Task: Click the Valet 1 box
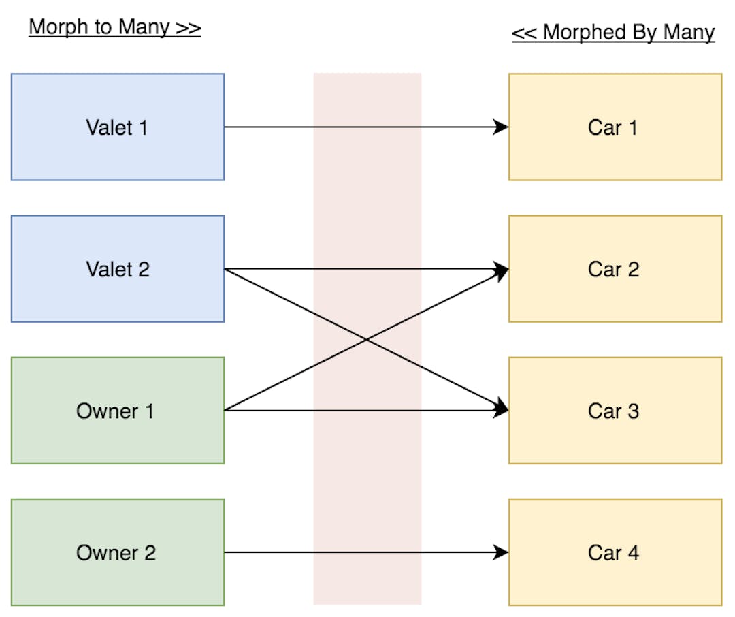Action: tap(117, 127)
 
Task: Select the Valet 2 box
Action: tap(117, 269)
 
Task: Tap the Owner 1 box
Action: tap(117, 411)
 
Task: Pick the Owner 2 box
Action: tap(117, 552)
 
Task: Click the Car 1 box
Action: tap(615, 127)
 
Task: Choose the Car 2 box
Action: tap(615, 269)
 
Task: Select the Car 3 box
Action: tap(615, 411)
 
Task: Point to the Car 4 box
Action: tap(615, 552)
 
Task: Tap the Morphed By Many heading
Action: tap(612, 32)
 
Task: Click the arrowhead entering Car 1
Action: tap(502, 127)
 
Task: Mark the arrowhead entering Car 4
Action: tap(502, 552)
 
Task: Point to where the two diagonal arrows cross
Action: tap(367, 340)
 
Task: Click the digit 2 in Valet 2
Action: tap(143, 269)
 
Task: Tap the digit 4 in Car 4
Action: tap(633, 552)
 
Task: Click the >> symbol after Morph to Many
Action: tap(188, 28)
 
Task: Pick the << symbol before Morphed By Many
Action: tap(525, 33)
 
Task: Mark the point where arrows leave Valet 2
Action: tap(225, 269)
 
